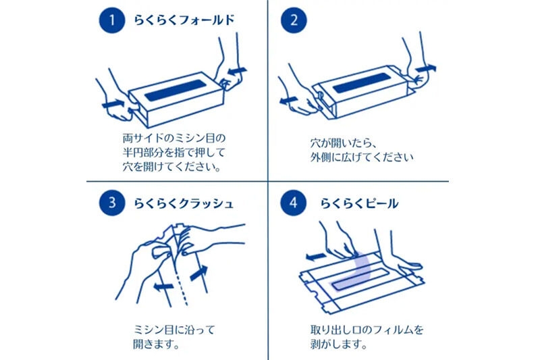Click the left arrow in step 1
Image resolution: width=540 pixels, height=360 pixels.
pos(113,103)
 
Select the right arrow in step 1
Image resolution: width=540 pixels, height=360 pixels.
pos(238,70)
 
